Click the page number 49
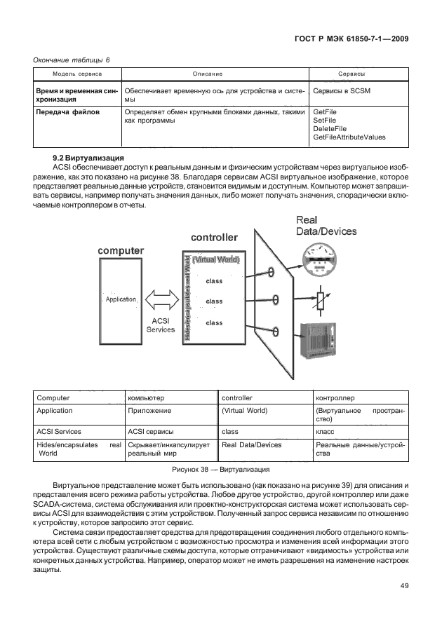click(x=403, y=586)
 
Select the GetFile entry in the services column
click(x=325, y=112)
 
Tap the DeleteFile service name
click(x=330, y=129)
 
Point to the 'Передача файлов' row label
click(x=67, y=112)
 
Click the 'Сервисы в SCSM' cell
click(x=342, y=91)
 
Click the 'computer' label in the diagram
click(x=121, y=250)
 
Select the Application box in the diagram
click(x=120, y=299)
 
